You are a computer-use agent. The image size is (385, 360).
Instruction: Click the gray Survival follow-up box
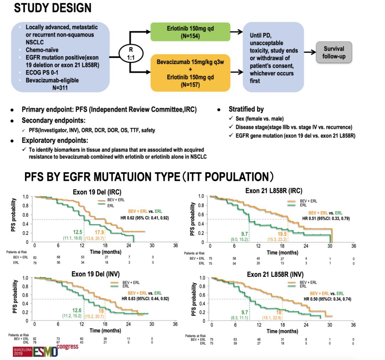[x=334, y=52]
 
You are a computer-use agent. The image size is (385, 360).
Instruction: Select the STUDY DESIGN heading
[x=52, y=8]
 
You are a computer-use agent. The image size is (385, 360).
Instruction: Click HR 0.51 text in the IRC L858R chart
[x=326, y=218]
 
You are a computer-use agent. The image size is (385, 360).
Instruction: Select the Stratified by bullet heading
[x=246, y=109]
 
